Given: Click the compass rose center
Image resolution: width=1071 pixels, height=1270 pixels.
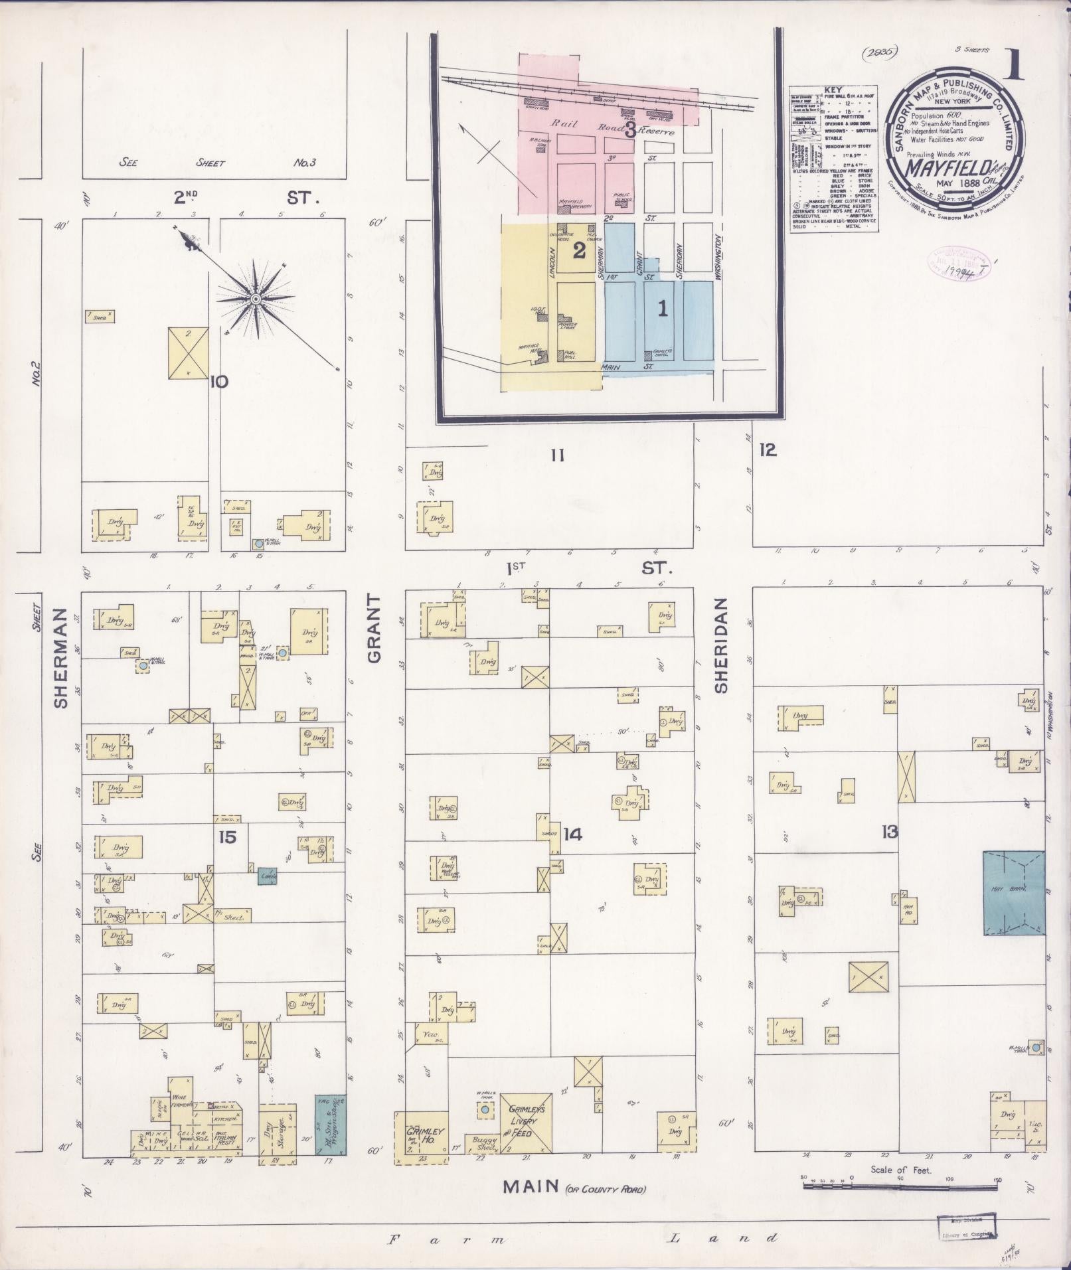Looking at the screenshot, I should coord(255,299).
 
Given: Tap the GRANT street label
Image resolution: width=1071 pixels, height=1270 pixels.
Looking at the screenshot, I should coord(373,628).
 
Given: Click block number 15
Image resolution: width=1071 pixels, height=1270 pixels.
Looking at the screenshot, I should coord(227,837).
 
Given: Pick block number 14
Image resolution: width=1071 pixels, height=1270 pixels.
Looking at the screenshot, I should coord(572,834).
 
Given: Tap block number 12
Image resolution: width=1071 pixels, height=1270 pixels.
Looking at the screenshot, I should coord(768,450).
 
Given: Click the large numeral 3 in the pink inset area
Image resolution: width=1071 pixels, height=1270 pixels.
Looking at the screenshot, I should coord(629,129).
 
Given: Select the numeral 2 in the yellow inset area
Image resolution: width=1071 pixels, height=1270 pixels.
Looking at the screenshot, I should coord(578,250).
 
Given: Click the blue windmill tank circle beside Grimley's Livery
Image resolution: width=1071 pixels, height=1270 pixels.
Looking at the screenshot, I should coord(485,1109).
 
